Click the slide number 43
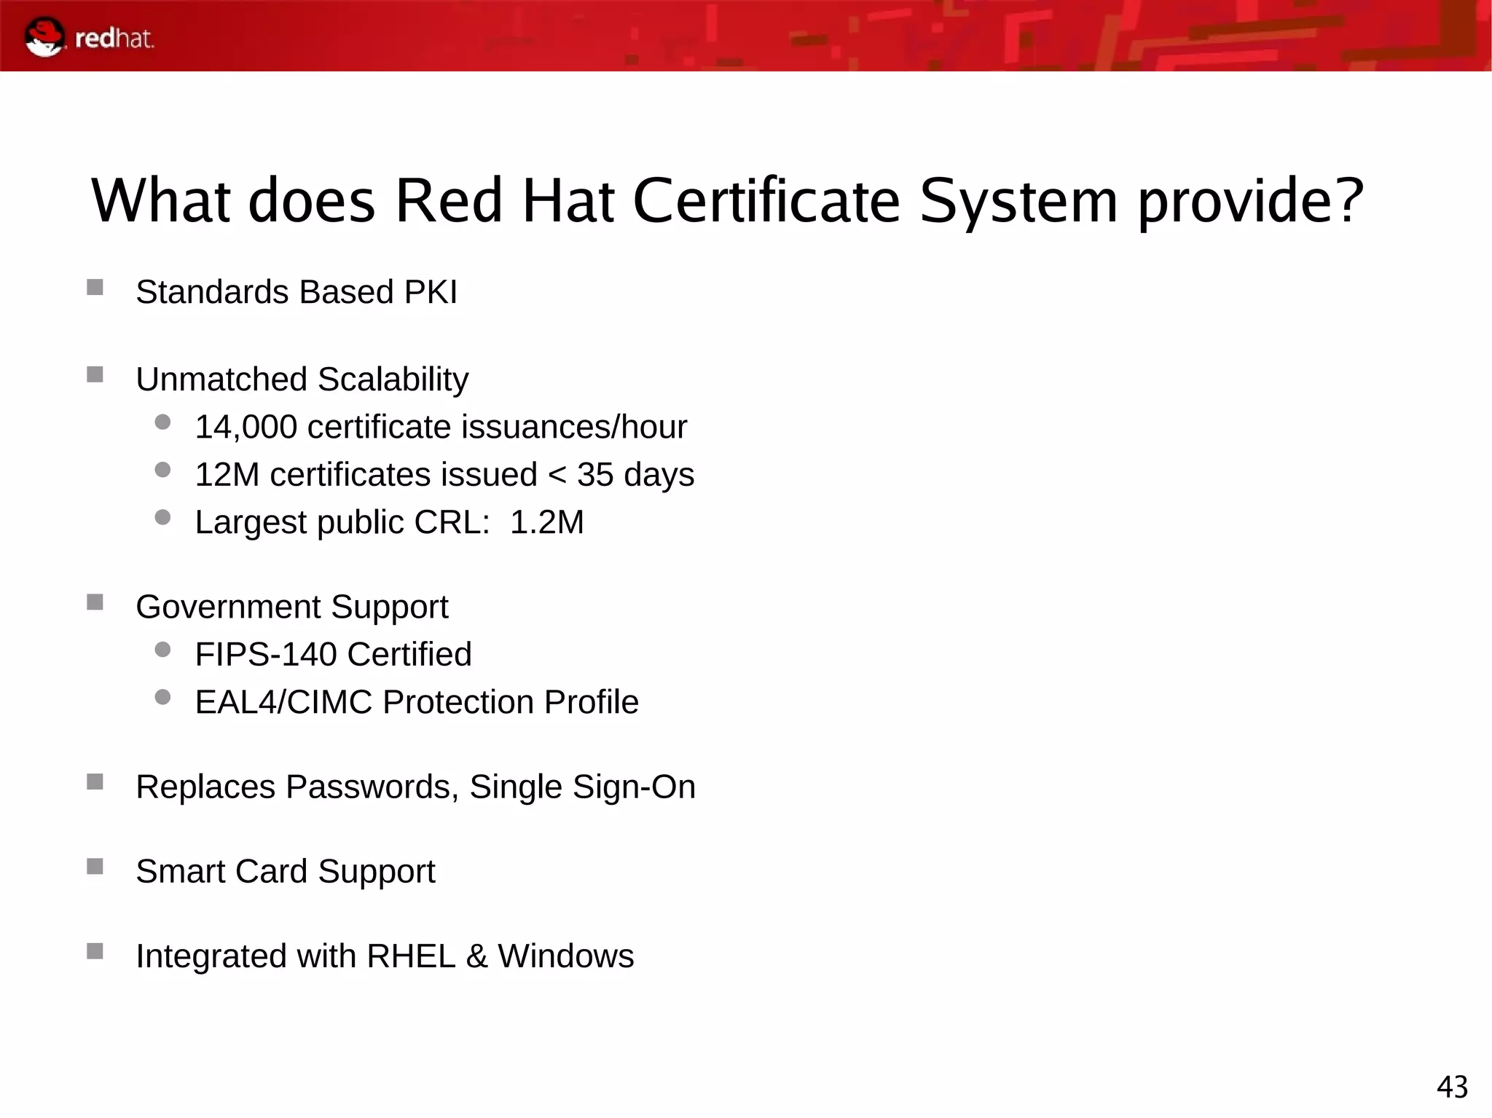point(1452,1087)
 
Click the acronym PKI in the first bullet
point(431,292)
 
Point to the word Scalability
point(393,379)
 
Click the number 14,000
point(246,428)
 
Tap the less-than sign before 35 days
point(557,475)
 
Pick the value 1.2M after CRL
point(546,522)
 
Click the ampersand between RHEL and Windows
point(476,956)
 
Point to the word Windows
point(565,956)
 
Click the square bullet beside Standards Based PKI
point(95,287)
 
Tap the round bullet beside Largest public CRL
point(162,517)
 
